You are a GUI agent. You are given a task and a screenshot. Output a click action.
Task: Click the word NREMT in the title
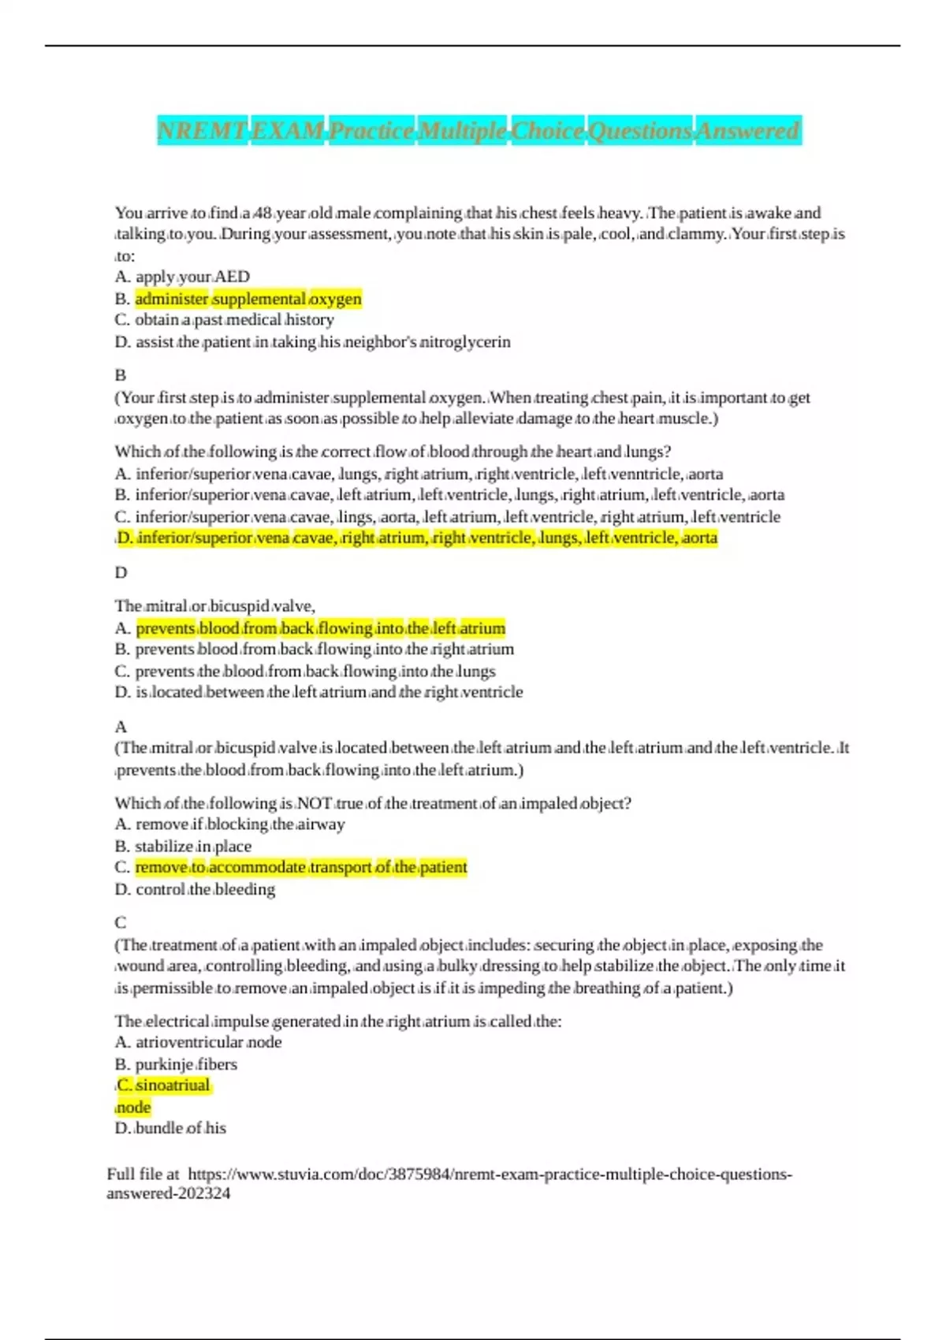202,130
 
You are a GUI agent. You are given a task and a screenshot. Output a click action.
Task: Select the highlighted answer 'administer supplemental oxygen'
248,299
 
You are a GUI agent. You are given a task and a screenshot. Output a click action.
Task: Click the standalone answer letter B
121,375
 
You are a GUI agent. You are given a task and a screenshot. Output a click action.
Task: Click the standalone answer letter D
121,572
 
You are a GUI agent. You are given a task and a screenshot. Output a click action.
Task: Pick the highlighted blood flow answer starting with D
416,538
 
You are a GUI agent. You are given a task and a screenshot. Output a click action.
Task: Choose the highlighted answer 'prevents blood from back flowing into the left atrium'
320,628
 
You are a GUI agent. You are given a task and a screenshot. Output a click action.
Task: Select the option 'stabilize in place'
193,846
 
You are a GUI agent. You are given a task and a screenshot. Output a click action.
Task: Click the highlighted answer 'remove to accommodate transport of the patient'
300,867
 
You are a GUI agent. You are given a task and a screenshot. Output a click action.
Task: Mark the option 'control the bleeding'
205,889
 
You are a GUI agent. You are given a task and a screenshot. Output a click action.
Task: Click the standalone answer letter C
121,922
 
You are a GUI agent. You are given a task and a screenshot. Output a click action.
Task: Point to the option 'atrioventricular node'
208,1042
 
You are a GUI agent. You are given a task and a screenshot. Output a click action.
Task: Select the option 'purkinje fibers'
186,1064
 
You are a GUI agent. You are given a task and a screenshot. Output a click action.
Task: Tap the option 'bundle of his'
181,1128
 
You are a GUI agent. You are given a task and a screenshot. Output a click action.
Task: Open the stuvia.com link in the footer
489,1174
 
